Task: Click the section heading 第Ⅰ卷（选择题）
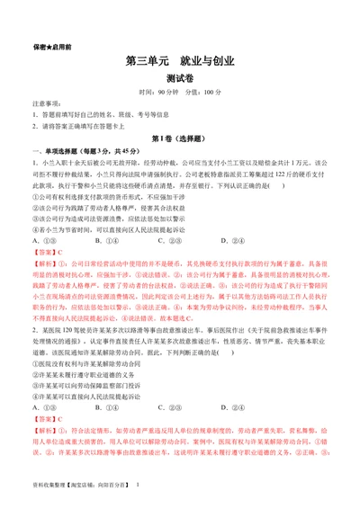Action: click(180, 139)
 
